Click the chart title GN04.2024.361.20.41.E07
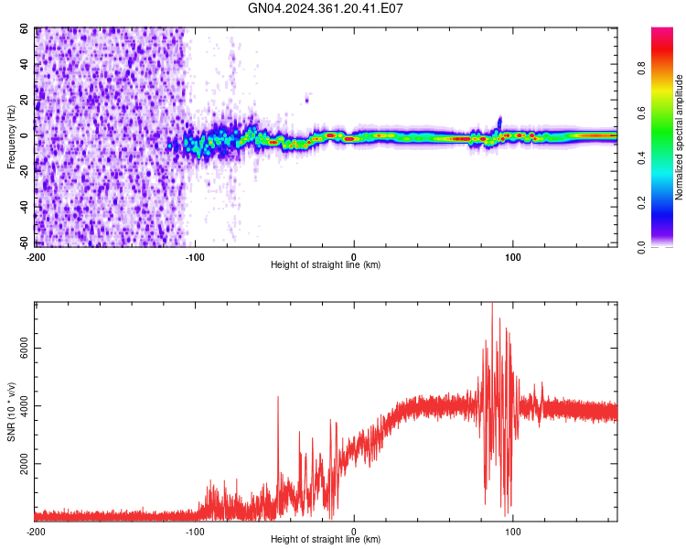click(x=327, y=8)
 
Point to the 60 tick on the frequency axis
click(x=26, y=28)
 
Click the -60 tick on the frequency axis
click(x=24, y=242)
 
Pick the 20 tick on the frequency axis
click(x=26, y=100)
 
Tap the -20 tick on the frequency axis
click(x=24, y=171)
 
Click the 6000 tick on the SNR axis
click(x=20, y=349)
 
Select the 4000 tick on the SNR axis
click(x=20, y=406)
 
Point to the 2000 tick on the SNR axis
click(x=20, y=464)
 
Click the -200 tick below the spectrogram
click(x=35, y=255)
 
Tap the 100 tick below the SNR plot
click(x=513, y=531)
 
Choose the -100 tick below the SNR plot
click(x=195, y=531)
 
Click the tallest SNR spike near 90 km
click(x=492, y=305)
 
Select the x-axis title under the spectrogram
click(x=326, y=264)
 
